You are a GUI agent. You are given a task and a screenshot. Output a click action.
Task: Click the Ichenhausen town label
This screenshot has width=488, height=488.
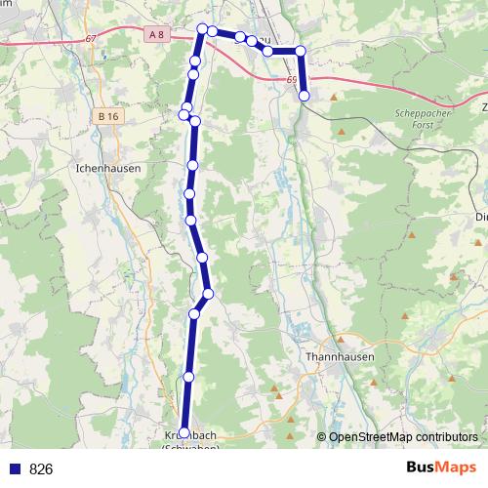(x=108, y=168)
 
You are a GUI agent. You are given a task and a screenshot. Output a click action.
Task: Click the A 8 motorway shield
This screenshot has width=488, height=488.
(x=155, y=35)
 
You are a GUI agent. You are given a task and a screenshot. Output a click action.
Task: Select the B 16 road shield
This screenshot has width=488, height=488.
(x=107, y=116)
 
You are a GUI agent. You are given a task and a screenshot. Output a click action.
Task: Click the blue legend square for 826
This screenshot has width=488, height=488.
(x=15, y=468)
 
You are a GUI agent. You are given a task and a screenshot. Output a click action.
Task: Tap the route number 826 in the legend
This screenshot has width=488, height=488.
(x=41, y=468)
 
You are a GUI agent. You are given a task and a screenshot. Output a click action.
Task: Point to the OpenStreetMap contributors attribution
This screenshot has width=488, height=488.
(x=403, y=436)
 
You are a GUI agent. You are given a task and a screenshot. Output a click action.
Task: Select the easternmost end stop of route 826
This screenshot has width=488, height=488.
(x=305, y=96)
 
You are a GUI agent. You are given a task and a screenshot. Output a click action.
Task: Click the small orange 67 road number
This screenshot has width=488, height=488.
(x=92, y=38)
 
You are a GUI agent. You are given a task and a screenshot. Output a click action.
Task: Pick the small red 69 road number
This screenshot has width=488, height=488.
(x=292, y=81)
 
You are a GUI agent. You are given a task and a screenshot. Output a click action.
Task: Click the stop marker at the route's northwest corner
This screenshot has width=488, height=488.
(x=202, y=28)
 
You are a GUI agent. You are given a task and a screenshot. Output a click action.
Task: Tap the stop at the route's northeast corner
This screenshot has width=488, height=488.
(x=301, y=51)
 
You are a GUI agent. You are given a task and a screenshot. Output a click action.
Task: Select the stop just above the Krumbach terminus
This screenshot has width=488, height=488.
(x=188, y=376)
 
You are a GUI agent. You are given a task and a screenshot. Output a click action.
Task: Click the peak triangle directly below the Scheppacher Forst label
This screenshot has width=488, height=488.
(x=343, y=130)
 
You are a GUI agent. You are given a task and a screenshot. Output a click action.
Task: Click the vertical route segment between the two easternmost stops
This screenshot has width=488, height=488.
(x=303, y=73)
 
